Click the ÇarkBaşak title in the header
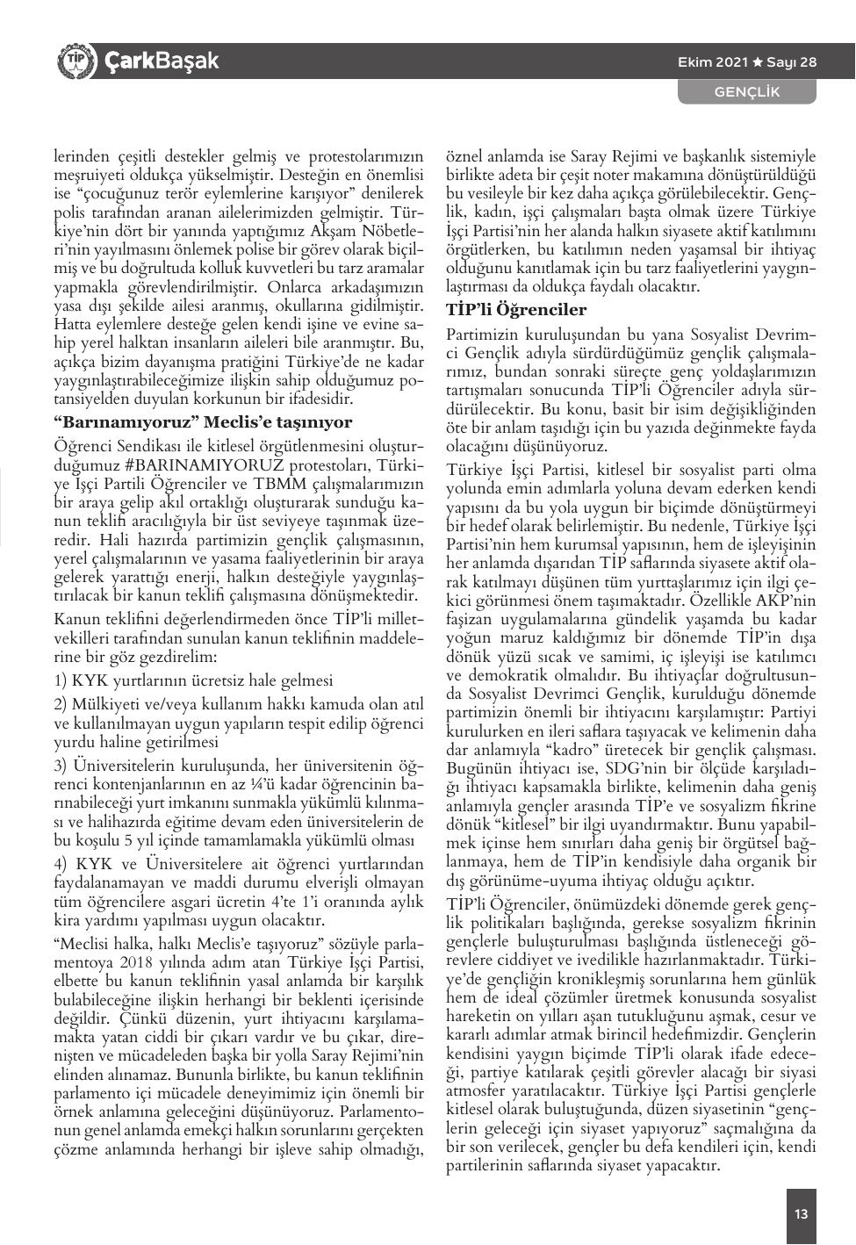162,61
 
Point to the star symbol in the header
758,62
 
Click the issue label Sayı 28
792,62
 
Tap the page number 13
801,1214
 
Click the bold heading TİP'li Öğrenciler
516,310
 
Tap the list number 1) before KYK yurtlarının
61,681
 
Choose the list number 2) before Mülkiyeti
61,705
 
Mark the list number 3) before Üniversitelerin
61,766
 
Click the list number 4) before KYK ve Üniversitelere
61,864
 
